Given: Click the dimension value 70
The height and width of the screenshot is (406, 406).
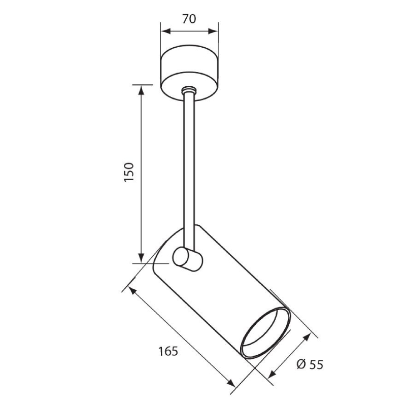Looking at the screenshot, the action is point(189,19).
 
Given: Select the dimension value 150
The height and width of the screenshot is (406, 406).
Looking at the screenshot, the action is point(129,172).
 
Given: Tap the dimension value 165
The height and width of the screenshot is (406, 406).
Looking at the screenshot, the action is point(168,351).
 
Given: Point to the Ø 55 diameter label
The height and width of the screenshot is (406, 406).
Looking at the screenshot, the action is point(310,364).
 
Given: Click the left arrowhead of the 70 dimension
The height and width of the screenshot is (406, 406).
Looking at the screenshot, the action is point(166,31).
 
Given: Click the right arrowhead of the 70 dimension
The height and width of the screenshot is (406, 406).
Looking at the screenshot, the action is point(213,31).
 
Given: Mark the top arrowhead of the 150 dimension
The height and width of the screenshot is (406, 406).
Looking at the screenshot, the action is point(141,90).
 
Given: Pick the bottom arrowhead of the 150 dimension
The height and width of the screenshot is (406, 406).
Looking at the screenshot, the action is point(141,258).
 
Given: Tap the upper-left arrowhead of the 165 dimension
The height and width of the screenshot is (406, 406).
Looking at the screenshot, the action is point(132,291).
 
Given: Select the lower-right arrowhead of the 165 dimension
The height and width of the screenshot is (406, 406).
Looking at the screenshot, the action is point(231,383).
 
